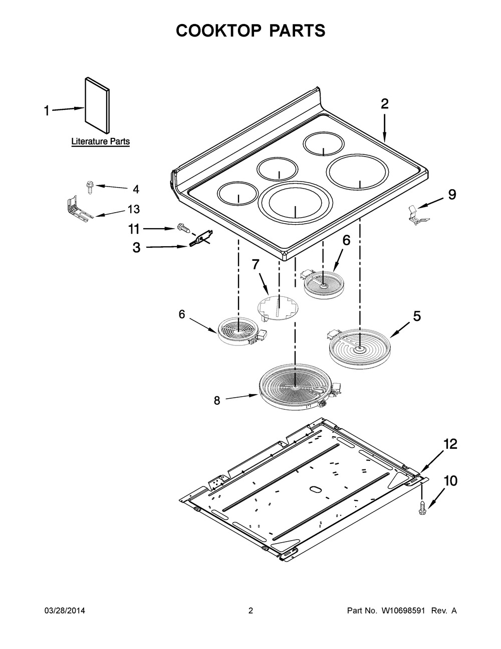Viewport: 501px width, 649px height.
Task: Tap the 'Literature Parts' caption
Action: (100, 141)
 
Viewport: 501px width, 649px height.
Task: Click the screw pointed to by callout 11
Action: (184, 229)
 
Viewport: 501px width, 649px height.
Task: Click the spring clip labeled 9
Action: (414, 213)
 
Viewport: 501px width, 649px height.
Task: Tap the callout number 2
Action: (384, 104)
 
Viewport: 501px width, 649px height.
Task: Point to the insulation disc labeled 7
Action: (277, 307)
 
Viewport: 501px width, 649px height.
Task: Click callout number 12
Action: (450, 444)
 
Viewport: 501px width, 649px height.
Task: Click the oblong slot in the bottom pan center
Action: (314, 489)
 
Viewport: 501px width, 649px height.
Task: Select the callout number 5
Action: (416, 316)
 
